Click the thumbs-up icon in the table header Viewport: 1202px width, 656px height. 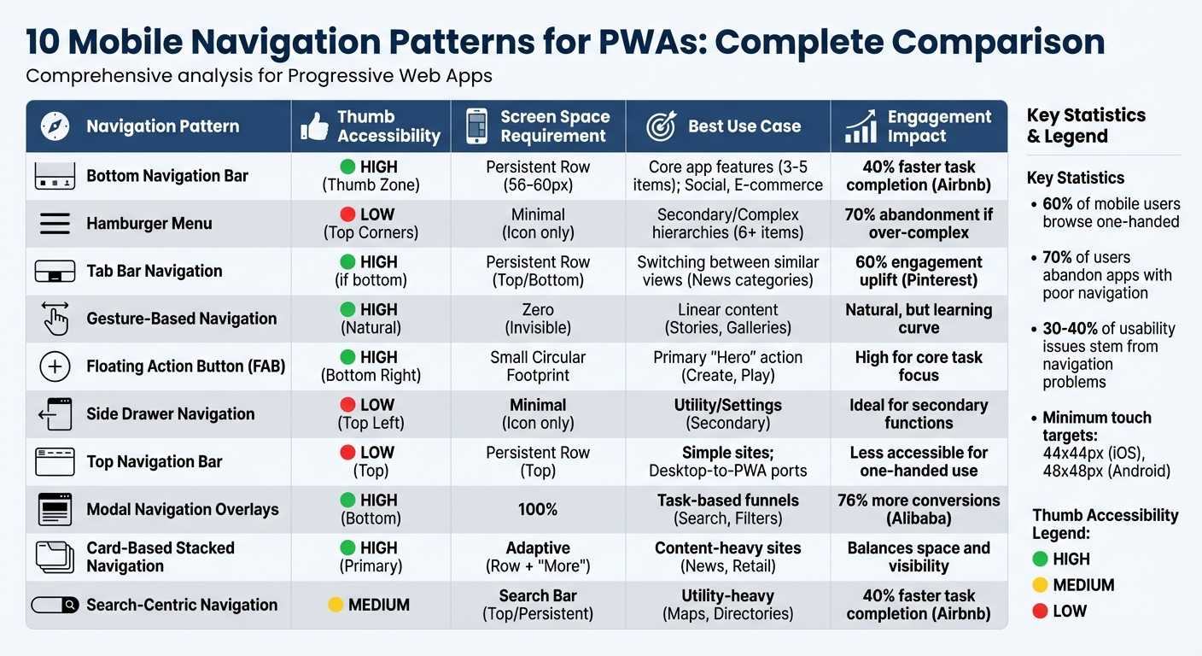[x=314, y=126]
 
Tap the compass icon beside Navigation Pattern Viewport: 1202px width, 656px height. [x=55, y=126]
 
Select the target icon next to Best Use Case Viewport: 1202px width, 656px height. [x=661, y=126]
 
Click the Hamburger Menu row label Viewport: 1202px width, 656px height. [x=149, y=224]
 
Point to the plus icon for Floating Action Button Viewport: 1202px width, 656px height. [x=55, y=366]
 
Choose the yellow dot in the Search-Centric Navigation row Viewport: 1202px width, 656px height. [x=336, y=605]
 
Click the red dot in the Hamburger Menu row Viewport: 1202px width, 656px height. [x=347, y=214]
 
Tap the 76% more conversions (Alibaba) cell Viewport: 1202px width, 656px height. [x=918, y=509]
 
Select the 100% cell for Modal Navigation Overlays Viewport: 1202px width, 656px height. [x=538, y=509]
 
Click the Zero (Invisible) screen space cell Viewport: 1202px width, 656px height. [x=538, y=319]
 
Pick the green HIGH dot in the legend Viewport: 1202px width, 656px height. [x=1040, y=559]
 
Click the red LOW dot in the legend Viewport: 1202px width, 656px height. [x=1040, y=611]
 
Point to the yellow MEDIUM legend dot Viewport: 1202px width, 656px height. [x=1040, y=585]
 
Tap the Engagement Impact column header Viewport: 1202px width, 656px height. [x=938, y=126]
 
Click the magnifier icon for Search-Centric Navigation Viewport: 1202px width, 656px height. [x=70, y=605]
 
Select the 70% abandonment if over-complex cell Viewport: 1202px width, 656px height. [x=918, y=224]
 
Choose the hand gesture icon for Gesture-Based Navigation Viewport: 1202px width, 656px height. [x=55, y=319]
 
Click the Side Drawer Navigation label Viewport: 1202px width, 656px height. [x=170, y=414]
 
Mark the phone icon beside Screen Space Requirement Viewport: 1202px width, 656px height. [x=476, y=126]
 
